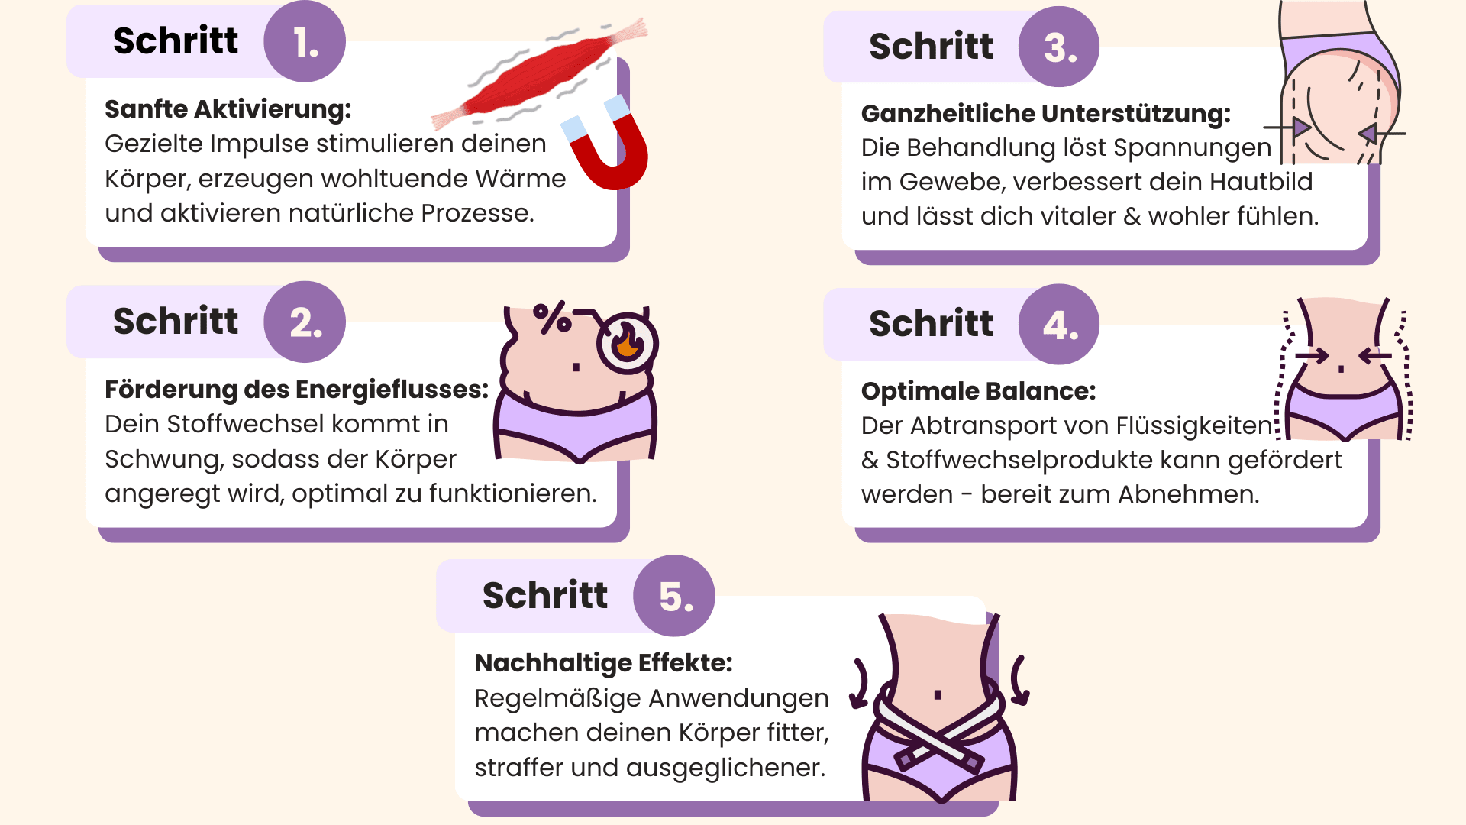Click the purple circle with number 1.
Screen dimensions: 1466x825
[305, 41]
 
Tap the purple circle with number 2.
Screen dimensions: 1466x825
[305, 322]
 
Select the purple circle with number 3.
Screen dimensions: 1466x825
[1059, 47]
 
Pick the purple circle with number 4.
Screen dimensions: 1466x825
[1059, 325]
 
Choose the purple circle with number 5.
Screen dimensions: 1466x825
[674, 596]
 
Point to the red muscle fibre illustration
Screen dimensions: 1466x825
[539, 73]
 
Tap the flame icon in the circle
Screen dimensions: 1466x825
[628, 342]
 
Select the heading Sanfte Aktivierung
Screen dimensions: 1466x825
[228, 109]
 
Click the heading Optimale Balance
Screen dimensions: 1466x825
[979, 391]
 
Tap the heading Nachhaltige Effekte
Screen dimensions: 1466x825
[604, 663]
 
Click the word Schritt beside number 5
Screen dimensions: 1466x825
[545, 596]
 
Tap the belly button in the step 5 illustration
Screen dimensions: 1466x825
[938, 695]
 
